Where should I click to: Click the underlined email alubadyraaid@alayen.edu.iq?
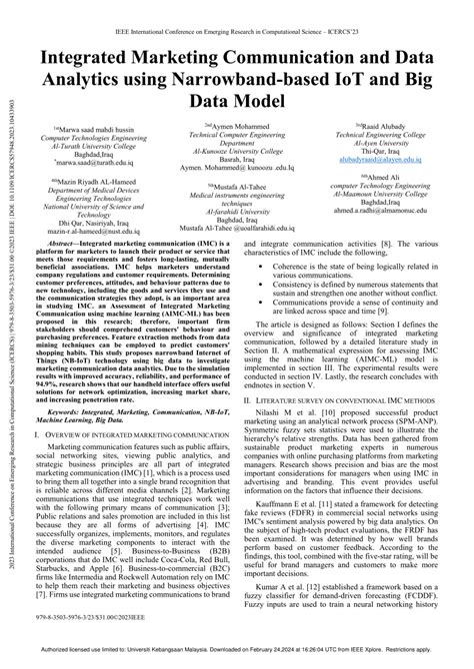[375, 159]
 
